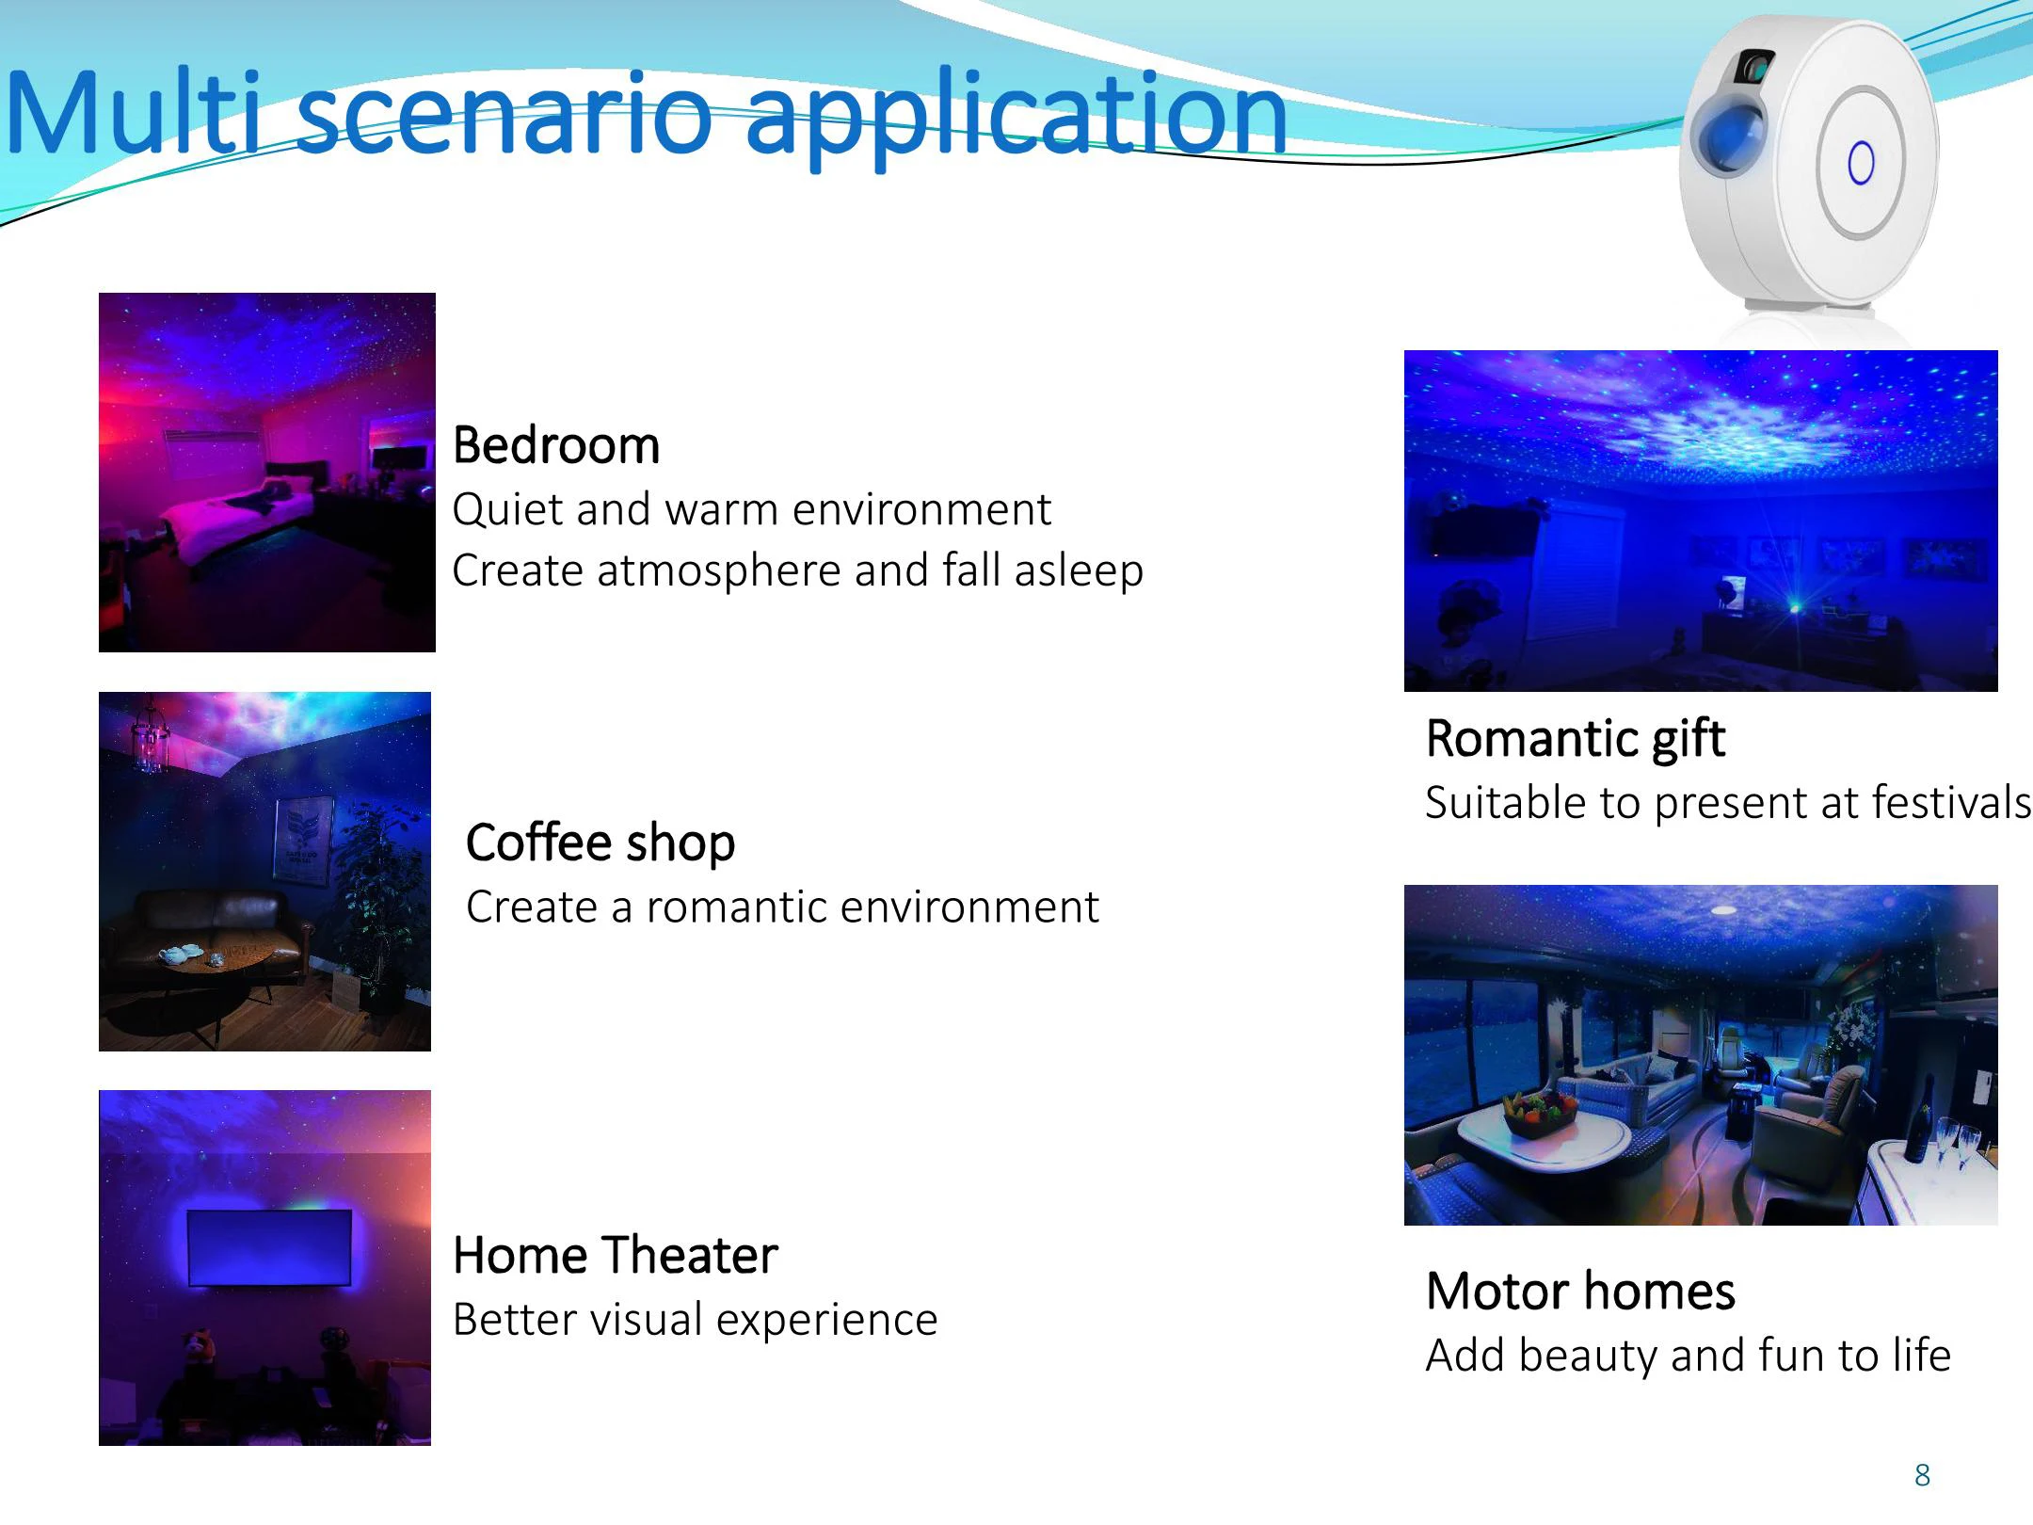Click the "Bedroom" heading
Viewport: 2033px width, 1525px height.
[556, 445]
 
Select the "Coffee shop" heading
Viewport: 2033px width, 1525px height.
[600, 843]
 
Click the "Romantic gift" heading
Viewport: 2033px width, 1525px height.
[1576, 740]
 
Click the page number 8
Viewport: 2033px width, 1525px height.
[1922, 1475]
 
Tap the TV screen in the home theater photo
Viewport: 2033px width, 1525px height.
[269, 1247]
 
